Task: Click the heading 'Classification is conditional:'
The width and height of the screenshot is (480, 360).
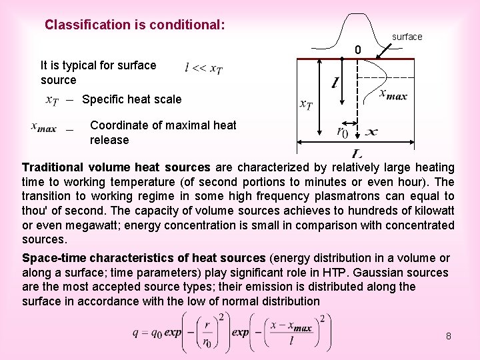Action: (x=135, y=25)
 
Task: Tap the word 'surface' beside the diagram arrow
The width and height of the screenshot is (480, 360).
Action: (x=407, y=37)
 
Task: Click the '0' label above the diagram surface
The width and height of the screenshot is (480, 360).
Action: (x=358, y=50)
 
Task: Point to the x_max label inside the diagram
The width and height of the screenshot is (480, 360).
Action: (x=393, y=95)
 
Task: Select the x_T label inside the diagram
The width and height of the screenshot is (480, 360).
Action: (x=306, y=105)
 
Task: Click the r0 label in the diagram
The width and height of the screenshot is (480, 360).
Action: (x=342, y=132)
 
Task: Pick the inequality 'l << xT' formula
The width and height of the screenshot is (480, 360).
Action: (x=204, y=68)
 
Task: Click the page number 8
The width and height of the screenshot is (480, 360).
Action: (x=449, y=336)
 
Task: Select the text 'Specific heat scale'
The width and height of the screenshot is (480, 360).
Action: (x=131, y=99)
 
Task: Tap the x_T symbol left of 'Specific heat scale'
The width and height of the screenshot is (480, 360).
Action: (x=53, y=100)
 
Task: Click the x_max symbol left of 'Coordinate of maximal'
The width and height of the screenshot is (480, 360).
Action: (x=44, y=127)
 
